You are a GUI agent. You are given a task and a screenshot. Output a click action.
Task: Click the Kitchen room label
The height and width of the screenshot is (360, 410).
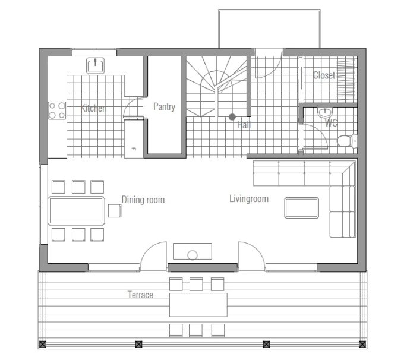pos(93,108)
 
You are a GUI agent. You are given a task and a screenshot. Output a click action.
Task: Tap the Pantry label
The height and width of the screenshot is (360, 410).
pos(164,107)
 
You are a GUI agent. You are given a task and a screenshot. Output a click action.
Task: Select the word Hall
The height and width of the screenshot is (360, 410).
pos(244,125)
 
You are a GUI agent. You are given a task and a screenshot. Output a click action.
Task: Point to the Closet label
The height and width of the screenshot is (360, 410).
pos(324,75)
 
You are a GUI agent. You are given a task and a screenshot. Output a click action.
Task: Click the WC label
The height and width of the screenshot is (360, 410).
pos(331,122)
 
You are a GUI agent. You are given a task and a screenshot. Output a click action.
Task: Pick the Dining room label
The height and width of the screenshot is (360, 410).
pos(143,200)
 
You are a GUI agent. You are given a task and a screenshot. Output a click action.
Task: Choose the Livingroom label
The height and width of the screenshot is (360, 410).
pos(249,198)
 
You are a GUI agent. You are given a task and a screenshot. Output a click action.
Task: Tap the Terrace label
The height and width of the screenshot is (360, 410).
pos(140,295)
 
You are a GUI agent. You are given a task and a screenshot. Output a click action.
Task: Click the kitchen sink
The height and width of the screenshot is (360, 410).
pos(95,65)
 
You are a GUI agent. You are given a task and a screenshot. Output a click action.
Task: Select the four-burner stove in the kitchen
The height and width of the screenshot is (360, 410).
pos(57,110)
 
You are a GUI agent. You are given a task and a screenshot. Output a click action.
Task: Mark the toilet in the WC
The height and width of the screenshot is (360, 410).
pos(347,141)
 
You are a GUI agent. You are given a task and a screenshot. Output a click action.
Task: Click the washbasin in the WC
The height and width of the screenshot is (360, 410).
pos(325,113)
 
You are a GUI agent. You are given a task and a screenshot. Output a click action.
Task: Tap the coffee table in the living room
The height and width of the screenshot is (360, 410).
pos(301,208)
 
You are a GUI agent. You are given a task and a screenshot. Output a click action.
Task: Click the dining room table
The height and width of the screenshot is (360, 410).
pos(76,211)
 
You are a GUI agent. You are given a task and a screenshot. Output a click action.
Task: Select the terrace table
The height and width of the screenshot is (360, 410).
pos(198,305)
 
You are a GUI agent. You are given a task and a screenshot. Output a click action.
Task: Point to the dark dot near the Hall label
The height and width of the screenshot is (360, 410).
pos(232,117)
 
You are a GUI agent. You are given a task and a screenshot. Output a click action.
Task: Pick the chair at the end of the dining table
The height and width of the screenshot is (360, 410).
pos(115,211)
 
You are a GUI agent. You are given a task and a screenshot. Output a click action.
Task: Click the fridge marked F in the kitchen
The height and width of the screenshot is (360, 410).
pos(134,138)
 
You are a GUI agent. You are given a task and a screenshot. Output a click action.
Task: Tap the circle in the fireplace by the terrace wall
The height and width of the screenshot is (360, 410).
pos(193,255)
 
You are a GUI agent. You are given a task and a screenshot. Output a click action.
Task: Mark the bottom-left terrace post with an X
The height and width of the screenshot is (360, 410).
pos(43,344)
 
